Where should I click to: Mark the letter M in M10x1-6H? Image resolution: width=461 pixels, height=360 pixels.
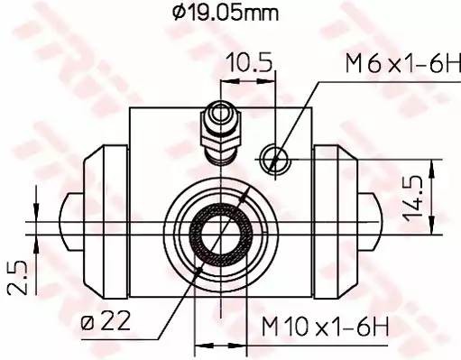(270, 324)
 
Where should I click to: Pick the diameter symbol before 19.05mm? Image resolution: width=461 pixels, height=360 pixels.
(176, 13)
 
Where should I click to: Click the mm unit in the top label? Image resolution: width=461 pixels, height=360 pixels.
(263, 14)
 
